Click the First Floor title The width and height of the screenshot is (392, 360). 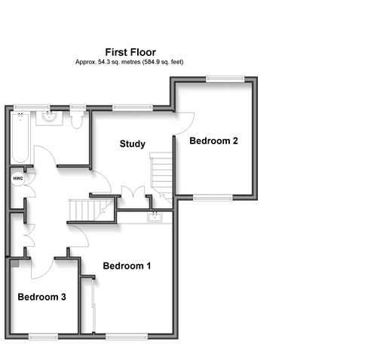[130, 52]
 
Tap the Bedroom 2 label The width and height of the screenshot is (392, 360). [213, 141]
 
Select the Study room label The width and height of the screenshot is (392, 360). [133, 144]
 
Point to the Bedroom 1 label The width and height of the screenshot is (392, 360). [127, 266]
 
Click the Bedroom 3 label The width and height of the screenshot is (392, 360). [41, 297]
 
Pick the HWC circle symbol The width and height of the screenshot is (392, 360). [18, 179]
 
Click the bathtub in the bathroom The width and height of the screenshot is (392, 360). [20, 137]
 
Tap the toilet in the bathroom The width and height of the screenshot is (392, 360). [77, 120]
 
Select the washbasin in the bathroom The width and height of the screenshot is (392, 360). [49, 118]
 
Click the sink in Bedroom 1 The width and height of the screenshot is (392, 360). [155, 217]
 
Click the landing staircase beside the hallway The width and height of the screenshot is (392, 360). [91, 210]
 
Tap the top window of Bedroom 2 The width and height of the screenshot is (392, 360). [225, 79]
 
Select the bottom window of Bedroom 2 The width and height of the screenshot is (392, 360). [213, 198]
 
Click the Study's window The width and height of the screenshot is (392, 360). [133, 108]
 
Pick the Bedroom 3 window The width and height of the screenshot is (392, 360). [43, 337]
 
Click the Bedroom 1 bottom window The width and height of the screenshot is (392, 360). [127, 337]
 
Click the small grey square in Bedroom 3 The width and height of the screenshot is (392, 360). [14, 263]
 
